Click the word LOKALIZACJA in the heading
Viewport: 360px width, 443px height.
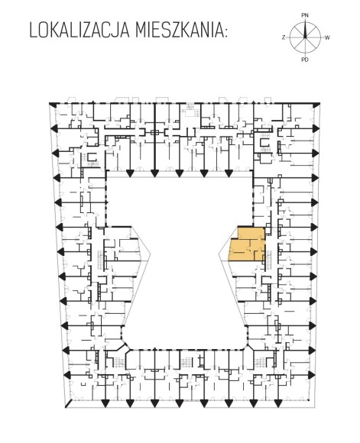tap(79, 31)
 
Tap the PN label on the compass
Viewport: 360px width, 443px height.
tap(305, 15)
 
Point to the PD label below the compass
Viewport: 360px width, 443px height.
tap(305, 60)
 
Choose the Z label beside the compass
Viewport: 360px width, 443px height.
tap(284, 37)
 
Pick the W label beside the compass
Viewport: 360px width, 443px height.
tap(327, 37)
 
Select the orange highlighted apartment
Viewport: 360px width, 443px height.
tap(247, 244)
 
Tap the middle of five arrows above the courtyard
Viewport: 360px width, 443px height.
tap(179, 173)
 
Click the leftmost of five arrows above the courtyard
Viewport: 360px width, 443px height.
tap(130, 173)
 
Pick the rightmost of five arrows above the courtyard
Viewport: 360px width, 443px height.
tap(229, 173)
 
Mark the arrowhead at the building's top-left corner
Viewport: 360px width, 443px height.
tap(53, 104)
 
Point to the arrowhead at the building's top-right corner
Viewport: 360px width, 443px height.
tap(316, 104)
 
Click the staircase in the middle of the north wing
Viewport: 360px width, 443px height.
tap(190, 108)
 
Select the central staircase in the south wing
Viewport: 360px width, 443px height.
tap(186, 362)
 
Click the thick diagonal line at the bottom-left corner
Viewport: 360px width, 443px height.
tap(68, 403)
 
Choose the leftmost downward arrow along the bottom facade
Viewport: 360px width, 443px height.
tap(105, 403)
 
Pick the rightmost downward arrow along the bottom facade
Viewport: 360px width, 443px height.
tap(277, 403)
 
